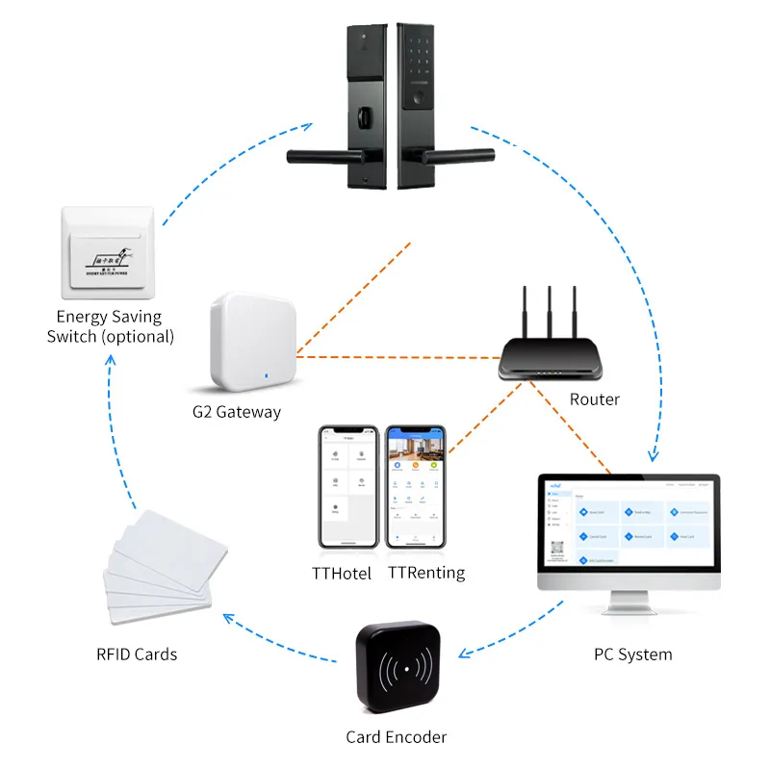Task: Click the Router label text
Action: (x=594, y=399)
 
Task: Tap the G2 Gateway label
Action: (x=236, y=412)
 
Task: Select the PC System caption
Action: (x=632, y=654)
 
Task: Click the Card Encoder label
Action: (x=396, y=737)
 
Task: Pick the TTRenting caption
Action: (x=426, y=573)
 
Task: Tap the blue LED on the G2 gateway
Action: (x=266, y=372)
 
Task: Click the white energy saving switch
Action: (x=106, y=252)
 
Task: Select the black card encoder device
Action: (x=398, y=670)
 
